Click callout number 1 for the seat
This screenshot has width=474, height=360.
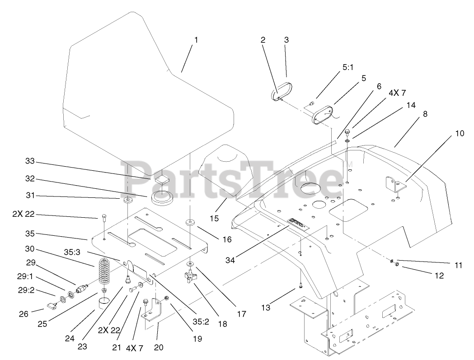196,40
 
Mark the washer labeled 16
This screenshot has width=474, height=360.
190,222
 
